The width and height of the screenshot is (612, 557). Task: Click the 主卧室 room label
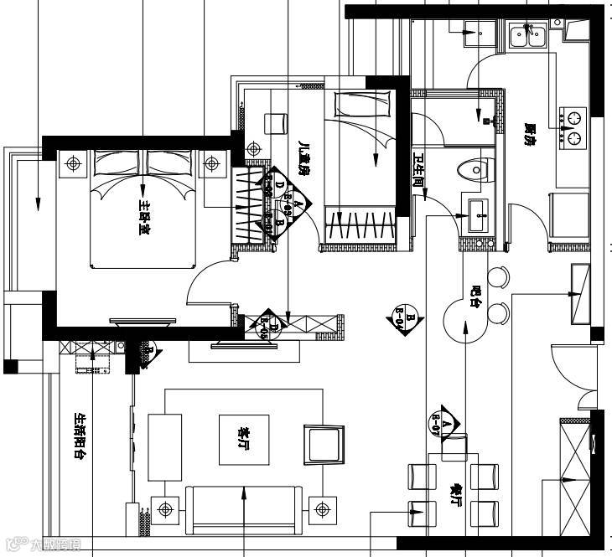pyautogui.click(x=145, y=218)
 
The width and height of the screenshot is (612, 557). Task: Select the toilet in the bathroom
pyautogui.click(x=475, y=168)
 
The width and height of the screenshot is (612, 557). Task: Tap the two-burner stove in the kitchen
pyautogui.click(x=574, y=126)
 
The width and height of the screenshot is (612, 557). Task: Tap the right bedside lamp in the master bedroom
pyautogui.click(x=212, y=163)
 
